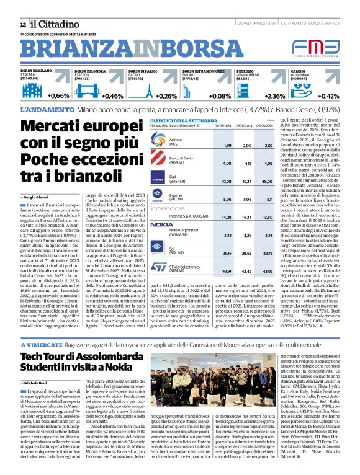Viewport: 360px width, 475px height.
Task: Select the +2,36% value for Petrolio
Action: tap(275, 96)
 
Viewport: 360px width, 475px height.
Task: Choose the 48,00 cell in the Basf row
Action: tap(267, 182)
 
